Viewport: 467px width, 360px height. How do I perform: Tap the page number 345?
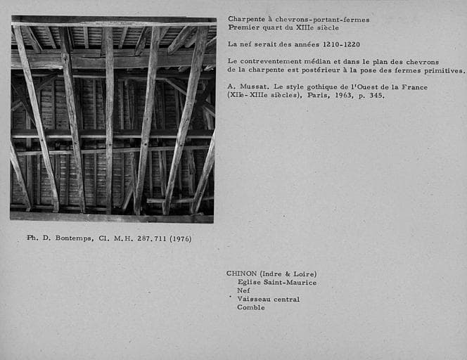click(x=377, y=96)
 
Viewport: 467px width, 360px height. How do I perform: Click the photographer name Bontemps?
click(x=70, y=238)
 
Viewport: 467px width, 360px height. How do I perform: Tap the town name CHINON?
click(x=241, y=274)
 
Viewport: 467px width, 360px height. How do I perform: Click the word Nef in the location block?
click(x=243, y=290)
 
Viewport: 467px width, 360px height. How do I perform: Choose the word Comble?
click(x=250, y=307)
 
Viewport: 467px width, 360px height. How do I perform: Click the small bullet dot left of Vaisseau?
click(x=229, y=297)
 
